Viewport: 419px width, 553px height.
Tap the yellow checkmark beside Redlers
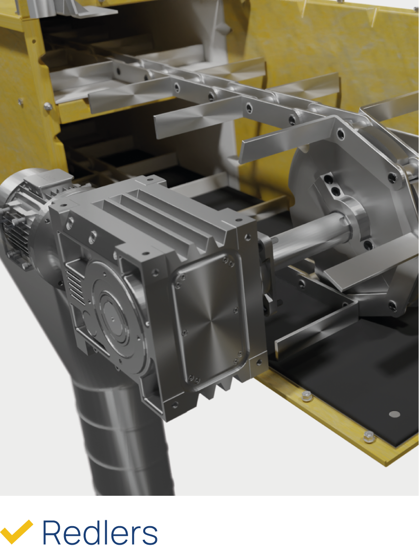(16, 532)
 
